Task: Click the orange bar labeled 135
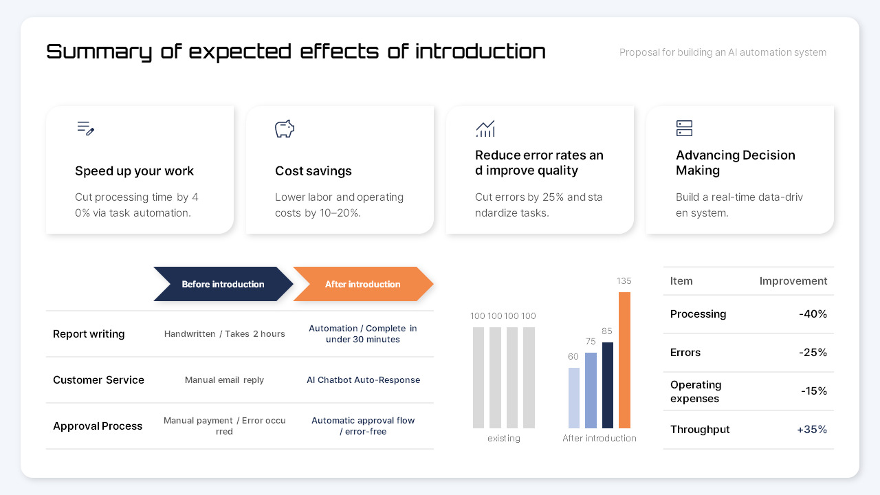[x=624, y=360]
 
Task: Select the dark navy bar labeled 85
[x=608, y=385]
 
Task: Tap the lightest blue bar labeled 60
[x=574, y=398]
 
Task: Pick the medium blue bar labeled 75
[x=591, y=390]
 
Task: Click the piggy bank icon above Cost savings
[x=285, y=129]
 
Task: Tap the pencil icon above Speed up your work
[x=85, y=129]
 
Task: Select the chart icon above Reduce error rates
[x=485, y=129]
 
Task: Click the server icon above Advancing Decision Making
[x=684, y=129]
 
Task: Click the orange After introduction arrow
[x=362, y=284]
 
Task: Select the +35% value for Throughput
[x=812, y=430]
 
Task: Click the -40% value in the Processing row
[x=813, y=314]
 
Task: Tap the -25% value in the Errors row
[x=813, y=353]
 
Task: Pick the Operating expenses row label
[x=696, y=391]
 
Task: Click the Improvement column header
[x=793, y=281]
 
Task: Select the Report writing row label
[x=89, y=334]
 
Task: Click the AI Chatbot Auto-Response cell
[x=363, y=380]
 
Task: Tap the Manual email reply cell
[x=224, y=380]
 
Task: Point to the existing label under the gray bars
[x=504, y=439]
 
